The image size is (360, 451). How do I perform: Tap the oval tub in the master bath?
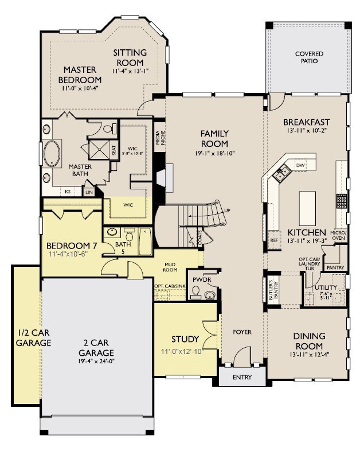point(54,154)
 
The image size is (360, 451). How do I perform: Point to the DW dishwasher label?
point(300,166)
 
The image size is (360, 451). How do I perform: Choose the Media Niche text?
point(159,139)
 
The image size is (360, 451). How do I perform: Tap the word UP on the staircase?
point(227,211)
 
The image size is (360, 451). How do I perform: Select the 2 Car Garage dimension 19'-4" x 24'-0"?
point(96,362)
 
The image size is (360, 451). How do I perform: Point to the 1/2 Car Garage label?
point(26,338)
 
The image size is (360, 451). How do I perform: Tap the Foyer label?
point(241,332)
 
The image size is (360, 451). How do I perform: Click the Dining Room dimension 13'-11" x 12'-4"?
point(309,356)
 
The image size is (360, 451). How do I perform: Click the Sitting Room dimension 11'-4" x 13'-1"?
point(130,71)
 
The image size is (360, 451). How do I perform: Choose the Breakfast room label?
point(306,122)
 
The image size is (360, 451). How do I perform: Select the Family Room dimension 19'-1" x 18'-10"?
point(214,153)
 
